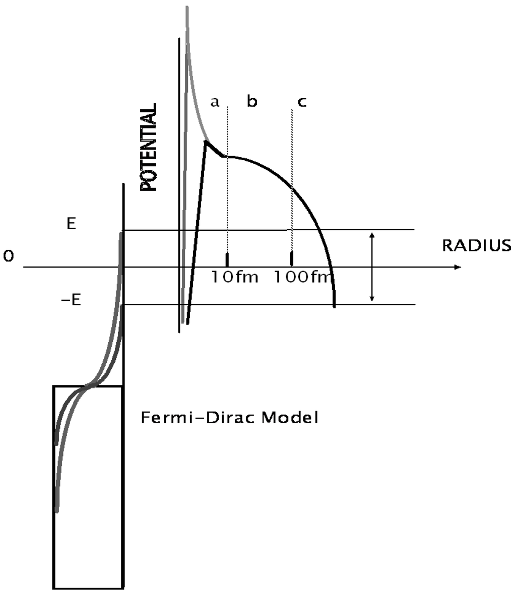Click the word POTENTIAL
pos(149,148)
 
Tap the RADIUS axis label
pos(476,246)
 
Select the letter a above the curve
pos(215,102)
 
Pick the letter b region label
pos(252,102)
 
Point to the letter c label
pos(301,102)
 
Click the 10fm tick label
pos(235,277)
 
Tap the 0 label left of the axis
pos(8,257)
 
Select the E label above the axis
pos(72,224)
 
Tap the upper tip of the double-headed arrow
pos(372,234)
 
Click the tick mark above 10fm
pos(227,259)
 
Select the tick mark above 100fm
pos(292,258)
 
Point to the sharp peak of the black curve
pos(206,142)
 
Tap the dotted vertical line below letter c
pos(292,151)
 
